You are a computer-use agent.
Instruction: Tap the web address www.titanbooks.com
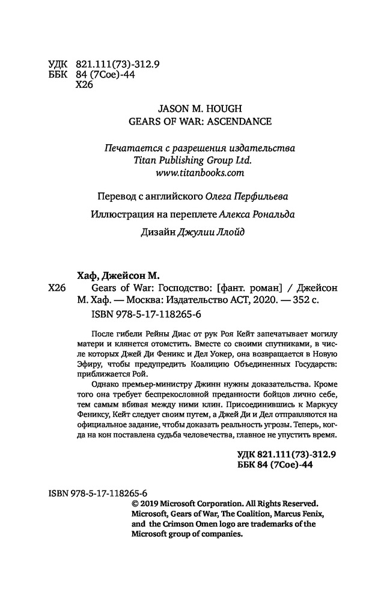click(195, 173)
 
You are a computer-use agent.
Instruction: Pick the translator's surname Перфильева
click(263, 197)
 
